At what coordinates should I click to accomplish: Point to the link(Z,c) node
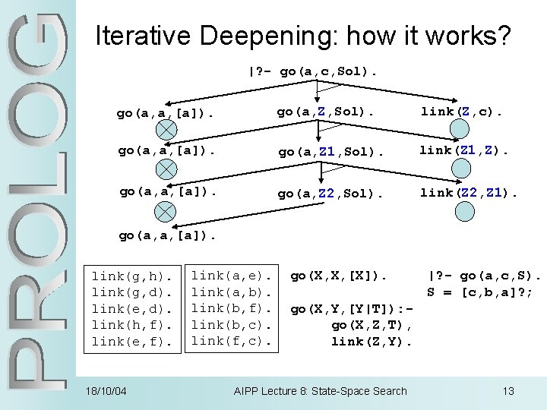pos(461,112)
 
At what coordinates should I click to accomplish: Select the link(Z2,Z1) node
pos(468,193)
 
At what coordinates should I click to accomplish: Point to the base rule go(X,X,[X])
pos(339,275)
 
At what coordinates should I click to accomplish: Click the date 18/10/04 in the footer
pos(106,391)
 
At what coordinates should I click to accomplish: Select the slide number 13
pos(508,391)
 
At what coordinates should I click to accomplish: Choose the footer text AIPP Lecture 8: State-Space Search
pos(320,391)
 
